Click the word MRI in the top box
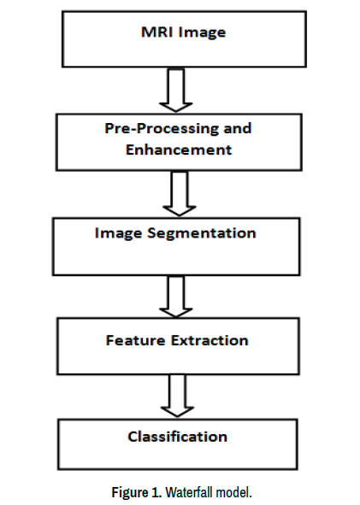click(157, 32)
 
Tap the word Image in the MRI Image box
click(202, 33)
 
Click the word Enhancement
click(179, 150)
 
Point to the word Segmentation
click(202, 233)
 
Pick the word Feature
click(135, 340)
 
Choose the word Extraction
click(210, 340)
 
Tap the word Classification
click(178, 437)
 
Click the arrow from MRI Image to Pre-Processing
click(176, 91)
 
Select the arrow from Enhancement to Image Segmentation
click(180, 193)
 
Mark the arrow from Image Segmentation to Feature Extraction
click(176, 297)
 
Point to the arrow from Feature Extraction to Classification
click(177, 396)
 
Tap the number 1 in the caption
click(156, 492)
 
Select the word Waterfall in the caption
click(189, 492)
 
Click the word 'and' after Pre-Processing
click(238, 128)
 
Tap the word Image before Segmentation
click(118, 234)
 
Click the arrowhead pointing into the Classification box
click(177, 411)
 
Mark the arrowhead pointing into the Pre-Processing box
click(176, 107)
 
